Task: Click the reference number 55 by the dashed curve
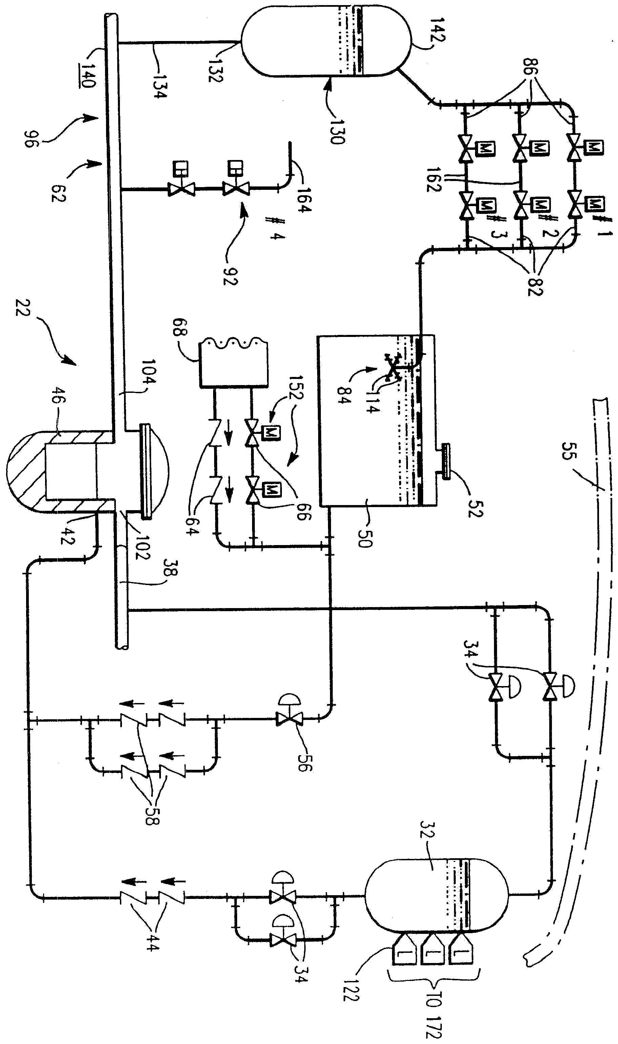(569, 447)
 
